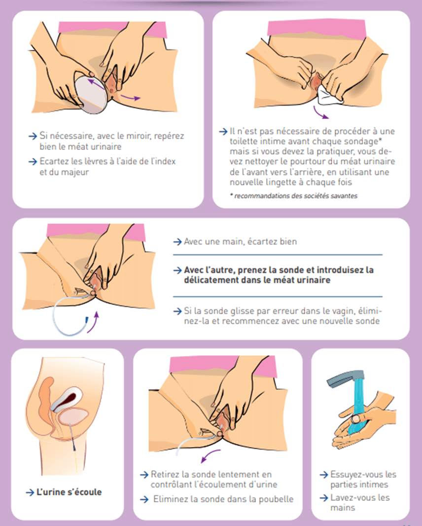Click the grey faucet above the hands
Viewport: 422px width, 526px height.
[345, 377]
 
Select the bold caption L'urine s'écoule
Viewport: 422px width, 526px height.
[69, 492]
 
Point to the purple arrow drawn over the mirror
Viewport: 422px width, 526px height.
[97, 84]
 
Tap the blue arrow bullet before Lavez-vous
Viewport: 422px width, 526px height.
[324, 498]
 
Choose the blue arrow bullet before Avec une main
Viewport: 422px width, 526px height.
[177, 241]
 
